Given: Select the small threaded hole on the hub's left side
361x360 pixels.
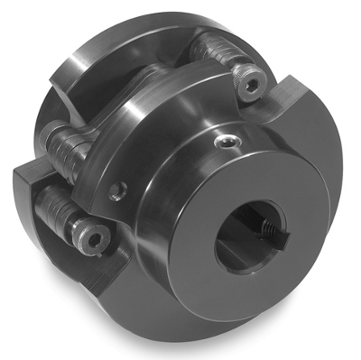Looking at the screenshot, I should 116,191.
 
